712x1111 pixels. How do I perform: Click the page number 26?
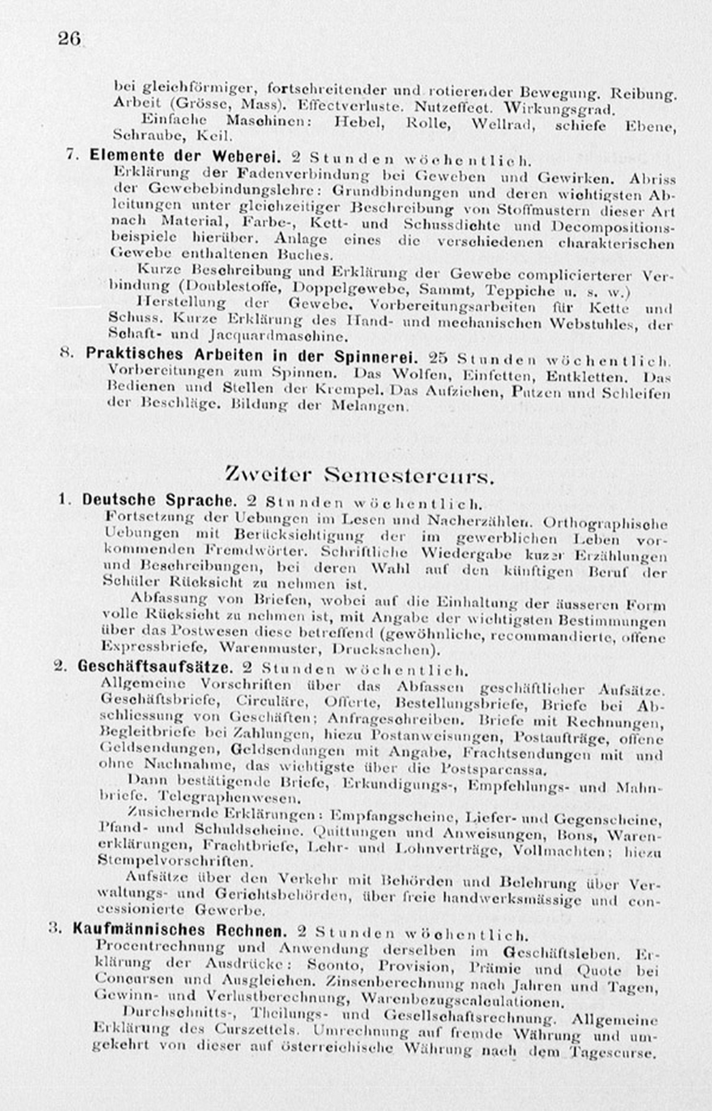(69, 38)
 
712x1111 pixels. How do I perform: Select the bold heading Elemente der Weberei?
(186, 156)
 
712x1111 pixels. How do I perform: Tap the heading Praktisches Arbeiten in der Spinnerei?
(252, 355)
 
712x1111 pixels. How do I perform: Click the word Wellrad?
(503, 125)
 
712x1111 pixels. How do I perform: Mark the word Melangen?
(370, 406)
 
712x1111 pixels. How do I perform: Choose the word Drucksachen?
(385, 650)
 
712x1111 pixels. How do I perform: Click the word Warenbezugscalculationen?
(462, 1002)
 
